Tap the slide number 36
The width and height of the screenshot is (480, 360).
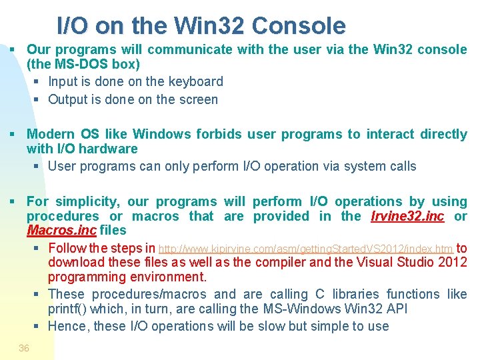click(24, 348)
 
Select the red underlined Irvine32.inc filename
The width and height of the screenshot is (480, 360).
click(407, 216)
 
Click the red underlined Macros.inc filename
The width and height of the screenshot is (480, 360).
click(61, 231)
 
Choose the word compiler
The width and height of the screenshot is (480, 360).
click(275, 262)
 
